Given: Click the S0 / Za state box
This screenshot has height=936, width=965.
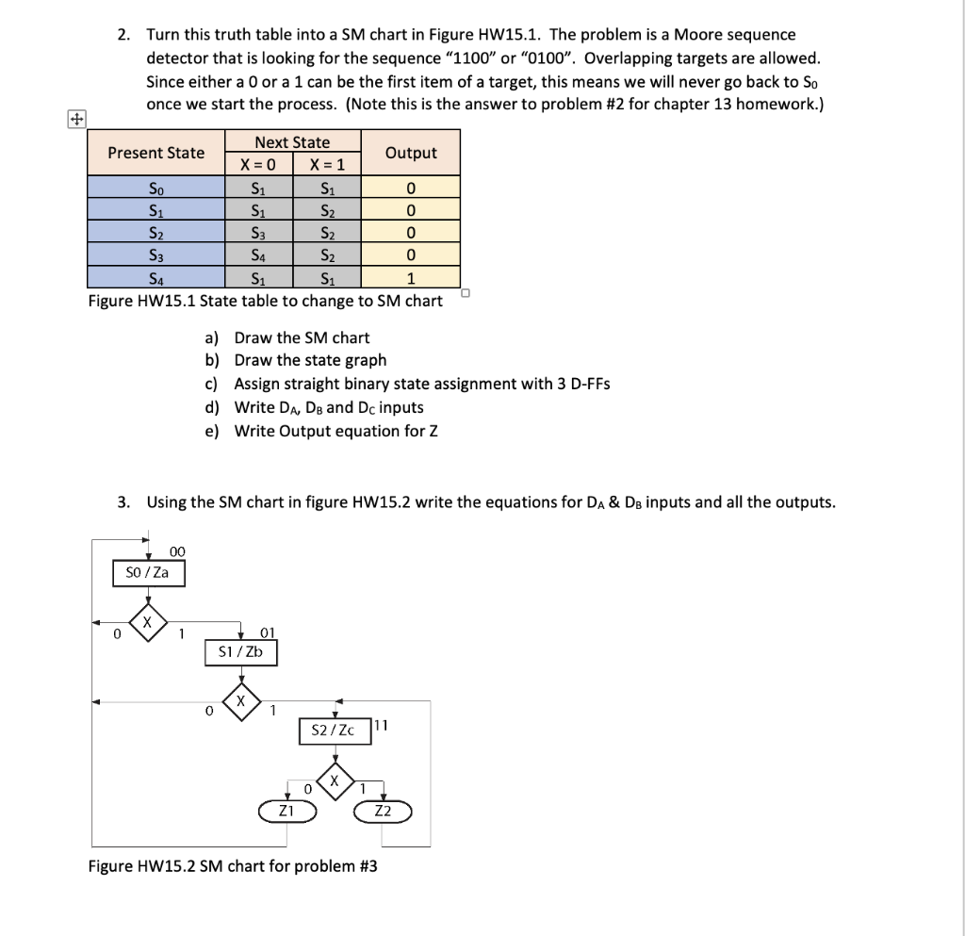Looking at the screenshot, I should click(148, 573).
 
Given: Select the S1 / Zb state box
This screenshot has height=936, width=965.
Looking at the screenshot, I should click(241, 652).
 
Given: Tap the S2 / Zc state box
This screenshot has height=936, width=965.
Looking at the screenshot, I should click(335, 731).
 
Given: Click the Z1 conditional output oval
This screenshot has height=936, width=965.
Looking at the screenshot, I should click(286, 811).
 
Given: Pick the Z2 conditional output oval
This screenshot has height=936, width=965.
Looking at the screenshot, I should click(383, 811).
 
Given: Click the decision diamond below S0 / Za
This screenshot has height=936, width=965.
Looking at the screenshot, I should click(147, 624).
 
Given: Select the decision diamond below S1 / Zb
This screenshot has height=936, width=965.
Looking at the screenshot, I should click(241, 702).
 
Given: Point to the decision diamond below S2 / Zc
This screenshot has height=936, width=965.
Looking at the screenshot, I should click(335, 781).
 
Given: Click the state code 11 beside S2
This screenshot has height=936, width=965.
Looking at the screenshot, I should click(382, 725).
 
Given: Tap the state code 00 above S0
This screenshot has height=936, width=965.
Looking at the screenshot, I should click(177, 551).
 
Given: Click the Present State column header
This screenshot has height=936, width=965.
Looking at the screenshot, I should click(155, 153).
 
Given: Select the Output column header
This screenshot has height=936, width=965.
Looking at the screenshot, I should click(412, 153).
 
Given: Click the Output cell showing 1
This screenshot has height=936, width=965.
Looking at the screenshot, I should click(411, 278).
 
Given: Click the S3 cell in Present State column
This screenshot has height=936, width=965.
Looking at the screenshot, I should click(155, 255).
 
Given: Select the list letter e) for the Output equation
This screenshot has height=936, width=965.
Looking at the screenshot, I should click(212, 432).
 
